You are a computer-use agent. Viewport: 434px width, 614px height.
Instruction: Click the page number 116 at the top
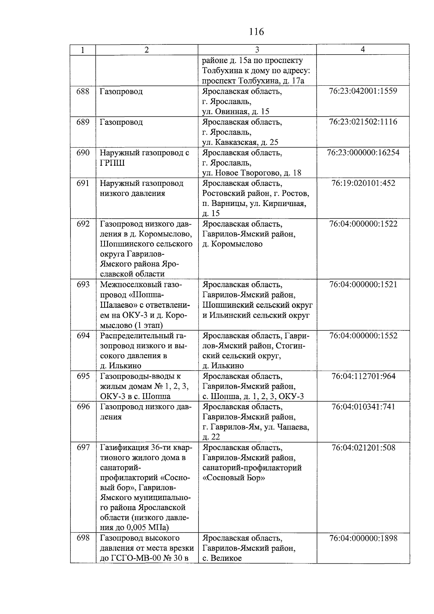(x=256, y=32)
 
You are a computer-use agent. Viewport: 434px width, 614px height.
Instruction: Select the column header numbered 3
(x=257, y=50)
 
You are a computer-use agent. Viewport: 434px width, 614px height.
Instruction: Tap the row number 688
(x=83, y=91)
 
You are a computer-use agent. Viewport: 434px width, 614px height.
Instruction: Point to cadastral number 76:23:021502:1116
(x=363, y=122)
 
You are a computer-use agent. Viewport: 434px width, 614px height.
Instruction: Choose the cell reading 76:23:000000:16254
(x=363, y=152)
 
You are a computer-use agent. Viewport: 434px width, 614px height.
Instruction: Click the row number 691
(x=83, y=183)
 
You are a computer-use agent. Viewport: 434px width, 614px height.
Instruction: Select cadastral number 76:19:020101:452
(x=363, y=183)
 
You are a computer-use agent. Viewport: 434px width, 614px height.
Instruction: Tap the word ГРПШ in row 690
(x=112, y=163)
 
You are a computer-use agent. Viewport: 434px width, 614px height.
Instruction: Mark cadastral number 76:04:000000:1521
(x=363, y=284)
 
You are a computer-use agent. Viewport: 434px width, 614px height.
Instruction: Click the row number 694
(x=83, y=335)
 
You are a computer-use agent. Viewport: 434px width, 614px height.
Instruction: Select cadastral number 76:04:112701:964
(x=363, y=376)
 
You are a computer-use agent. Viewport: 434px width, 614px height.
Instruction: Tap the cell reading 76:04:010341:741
(x=363, y=407)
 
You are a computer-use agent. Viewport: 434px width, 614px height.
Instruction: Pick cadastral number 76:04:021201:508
(x=363, y=448)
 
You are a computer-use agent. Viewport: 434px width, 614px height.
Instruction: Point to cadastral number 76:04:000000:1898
(x=363, y=538)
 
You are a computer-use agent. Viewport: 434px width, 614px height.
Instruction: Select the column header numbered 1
(x=83, y=50)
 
